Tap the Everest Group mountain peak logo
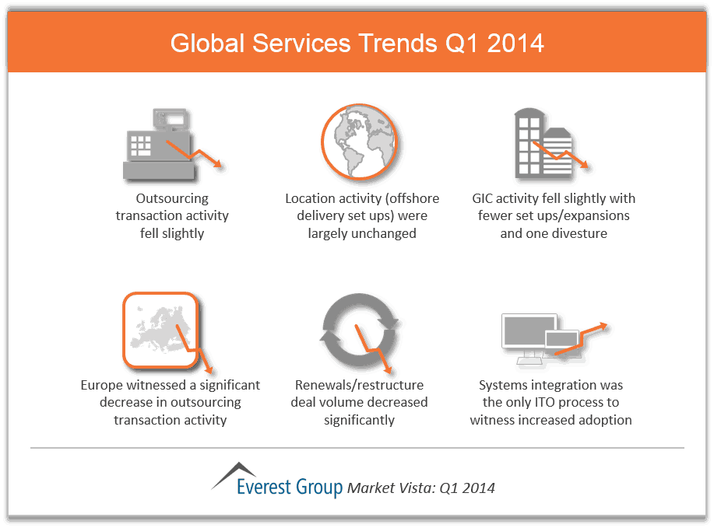pos(234,474)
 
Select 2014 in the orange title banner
pos(515,43)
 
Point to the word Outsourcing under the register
pos(172,198)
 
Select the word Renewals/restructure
pos(359,385)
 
